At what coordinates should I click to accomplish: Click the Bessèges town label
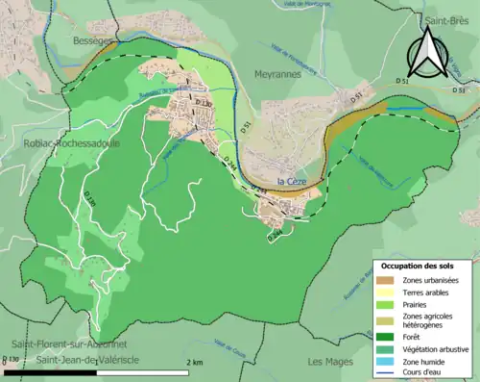click(x=93, y=42)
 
